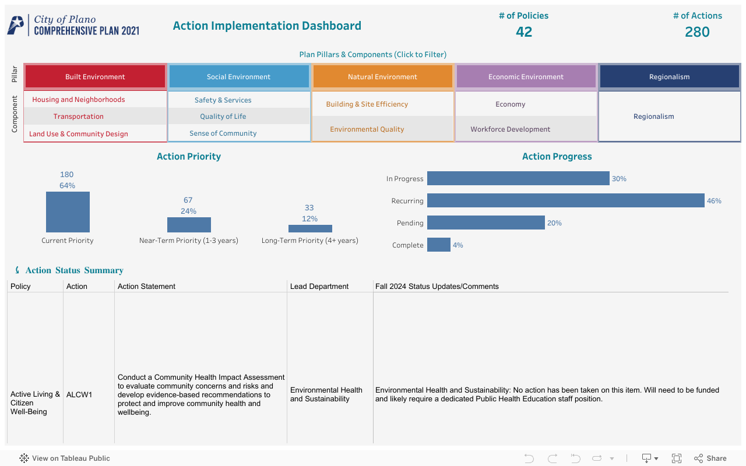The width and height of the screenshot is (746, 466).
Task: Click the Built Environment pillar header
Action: pos(95,77)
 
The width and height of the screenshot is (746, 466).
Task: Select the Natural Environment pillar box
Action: pos(382,77)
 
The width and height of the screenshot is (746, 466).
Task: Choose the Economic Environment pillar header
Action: pos(526,77)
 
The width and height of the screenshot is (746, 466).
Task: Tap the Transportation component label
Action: pos(79,116)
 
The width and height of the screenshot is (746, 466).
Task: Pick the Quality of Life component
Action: pos(223,116)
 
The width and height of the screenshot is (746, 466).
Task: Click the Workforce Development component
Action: pos(511,129)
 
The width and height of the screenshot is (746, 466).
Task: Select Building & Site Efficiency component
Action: pos(367,104)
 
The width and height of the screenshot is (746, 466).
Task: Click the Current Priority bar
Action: pos(68,212)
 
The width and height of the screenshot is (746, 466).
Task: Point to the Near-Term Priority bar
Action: pos(189,225)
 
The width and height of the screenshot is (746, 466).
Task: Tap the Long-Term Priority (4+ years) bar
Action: pos(310,229)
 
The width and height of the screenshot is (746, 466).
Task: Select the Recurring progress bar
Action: pos(565,201)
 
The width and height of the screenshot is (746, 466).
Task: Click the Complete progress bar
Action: pos(438,245)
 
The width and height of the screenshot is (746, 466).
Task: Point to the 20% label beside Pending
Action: pos(554,223)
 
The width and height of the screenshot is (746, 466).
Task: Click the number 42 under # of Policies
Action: pos(524,32)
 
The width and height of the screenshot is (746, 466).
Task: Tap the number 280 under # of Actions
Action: pos(697,32)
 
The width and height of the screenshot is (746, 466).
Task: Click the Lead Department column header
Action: pos(319,287)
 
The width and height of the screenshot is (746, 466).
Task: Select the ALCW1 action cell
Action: pos(79,395)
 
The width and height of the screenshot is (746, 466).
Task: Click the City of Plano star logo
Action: pos(16,25)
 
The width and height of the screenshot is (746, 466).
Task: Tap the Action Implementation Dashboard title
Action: pos(267,26)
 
